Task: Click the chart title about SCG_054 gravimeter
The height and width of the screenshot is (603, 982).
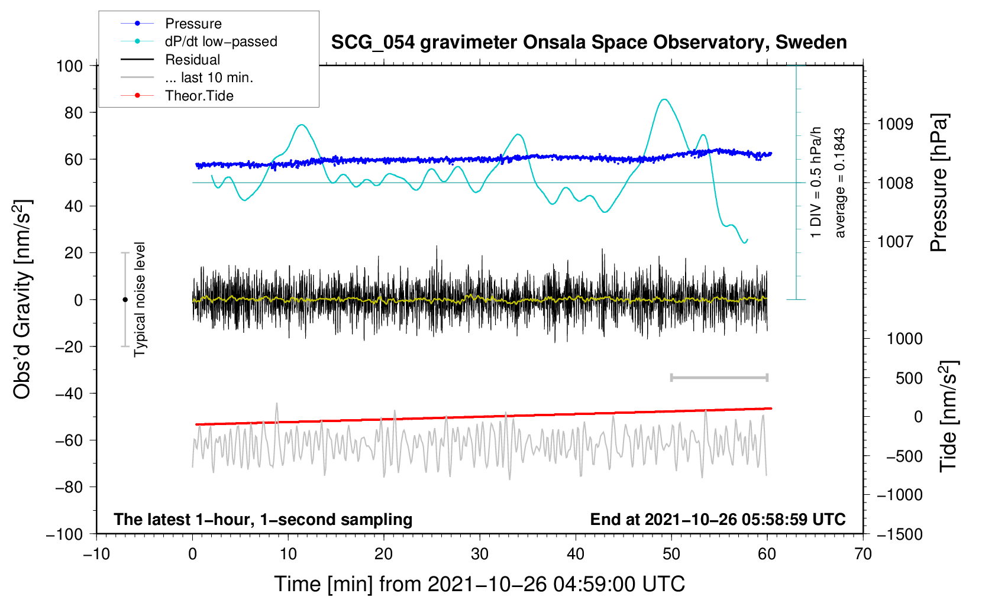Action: (x=589, y=43)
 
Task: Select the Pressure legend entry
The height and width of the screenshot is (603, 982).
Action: (x=193, y=24)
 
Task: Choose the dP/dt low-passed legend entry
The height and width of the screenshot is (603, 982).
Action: (x=221, y=41)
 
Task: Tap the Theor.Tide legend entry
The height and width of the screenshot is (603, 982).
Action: (x=199, y=96)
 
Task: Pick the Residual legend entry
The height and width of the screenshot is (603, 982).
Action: (x=192, y=60)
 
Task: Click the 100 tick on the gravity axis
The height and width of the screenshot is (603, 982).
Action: (x=69, y=66)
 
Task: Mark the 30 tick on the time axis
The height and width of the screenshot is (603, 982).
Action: (x=480, y=554)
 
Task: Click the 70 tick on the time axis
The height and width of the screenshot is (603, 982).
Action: (x=863, y=554)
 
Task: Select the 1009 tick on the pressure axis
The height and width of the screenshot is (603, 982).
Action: (x=895, y=124)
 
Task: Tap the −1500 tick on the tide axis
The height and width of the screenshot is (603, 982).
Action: (x=900, y=534)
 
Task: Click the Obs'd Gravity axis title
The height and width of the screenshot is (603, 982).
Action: (x=22, y=299)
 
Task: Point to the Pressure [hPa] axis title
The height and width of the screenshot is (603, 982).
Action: (x=939, y=183)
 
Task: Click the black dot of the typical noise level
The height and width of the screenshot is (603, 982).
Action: (x=125, y=300)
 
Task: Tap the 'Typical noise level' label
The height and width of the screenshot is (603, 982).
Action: (x=140, y=299)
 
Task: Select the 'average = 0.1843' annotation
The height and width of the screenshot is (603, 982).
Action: (x=839, y=183)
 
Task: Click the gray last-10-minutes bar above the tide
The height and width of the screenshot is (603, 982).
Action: (x=719, y=377)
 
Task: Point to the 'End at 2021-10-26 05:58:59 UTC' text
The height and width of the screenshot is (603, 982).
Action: (x=718, y=520)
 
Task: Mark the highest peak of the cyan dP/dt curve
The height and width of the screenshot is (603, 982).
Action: (x=665, y=99)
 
